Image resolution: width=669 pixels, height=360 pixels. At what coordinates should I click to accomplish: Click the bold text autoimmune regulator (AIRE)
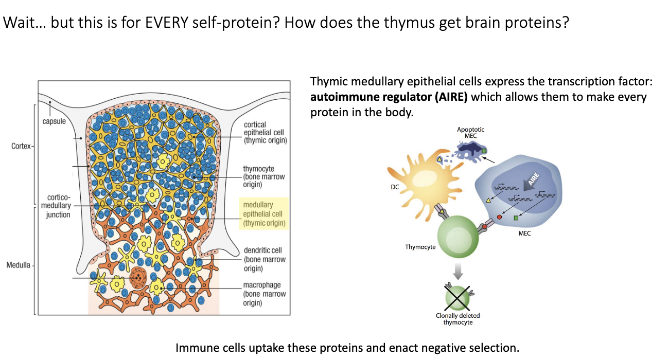point(389,97)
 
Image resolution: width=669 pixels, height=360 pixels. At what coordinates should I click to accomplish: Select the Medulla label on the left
point(19,265)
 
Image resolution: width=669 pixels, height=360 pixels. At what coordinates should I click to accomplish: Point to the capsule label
point(54,121)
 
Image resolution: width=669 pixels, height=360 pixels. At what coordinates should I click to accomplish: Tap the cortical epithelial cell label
point(265,132)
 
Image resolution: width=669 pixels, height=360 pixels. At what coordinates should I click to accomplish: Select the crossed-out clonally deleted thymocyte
point(457,297)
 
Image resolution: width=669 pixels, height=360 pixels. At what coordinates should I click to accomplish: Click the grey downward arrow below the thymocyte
point(457,271)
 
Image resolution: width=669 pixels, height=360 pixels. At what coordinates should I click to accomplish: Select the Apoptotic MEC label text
point(470,132)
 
